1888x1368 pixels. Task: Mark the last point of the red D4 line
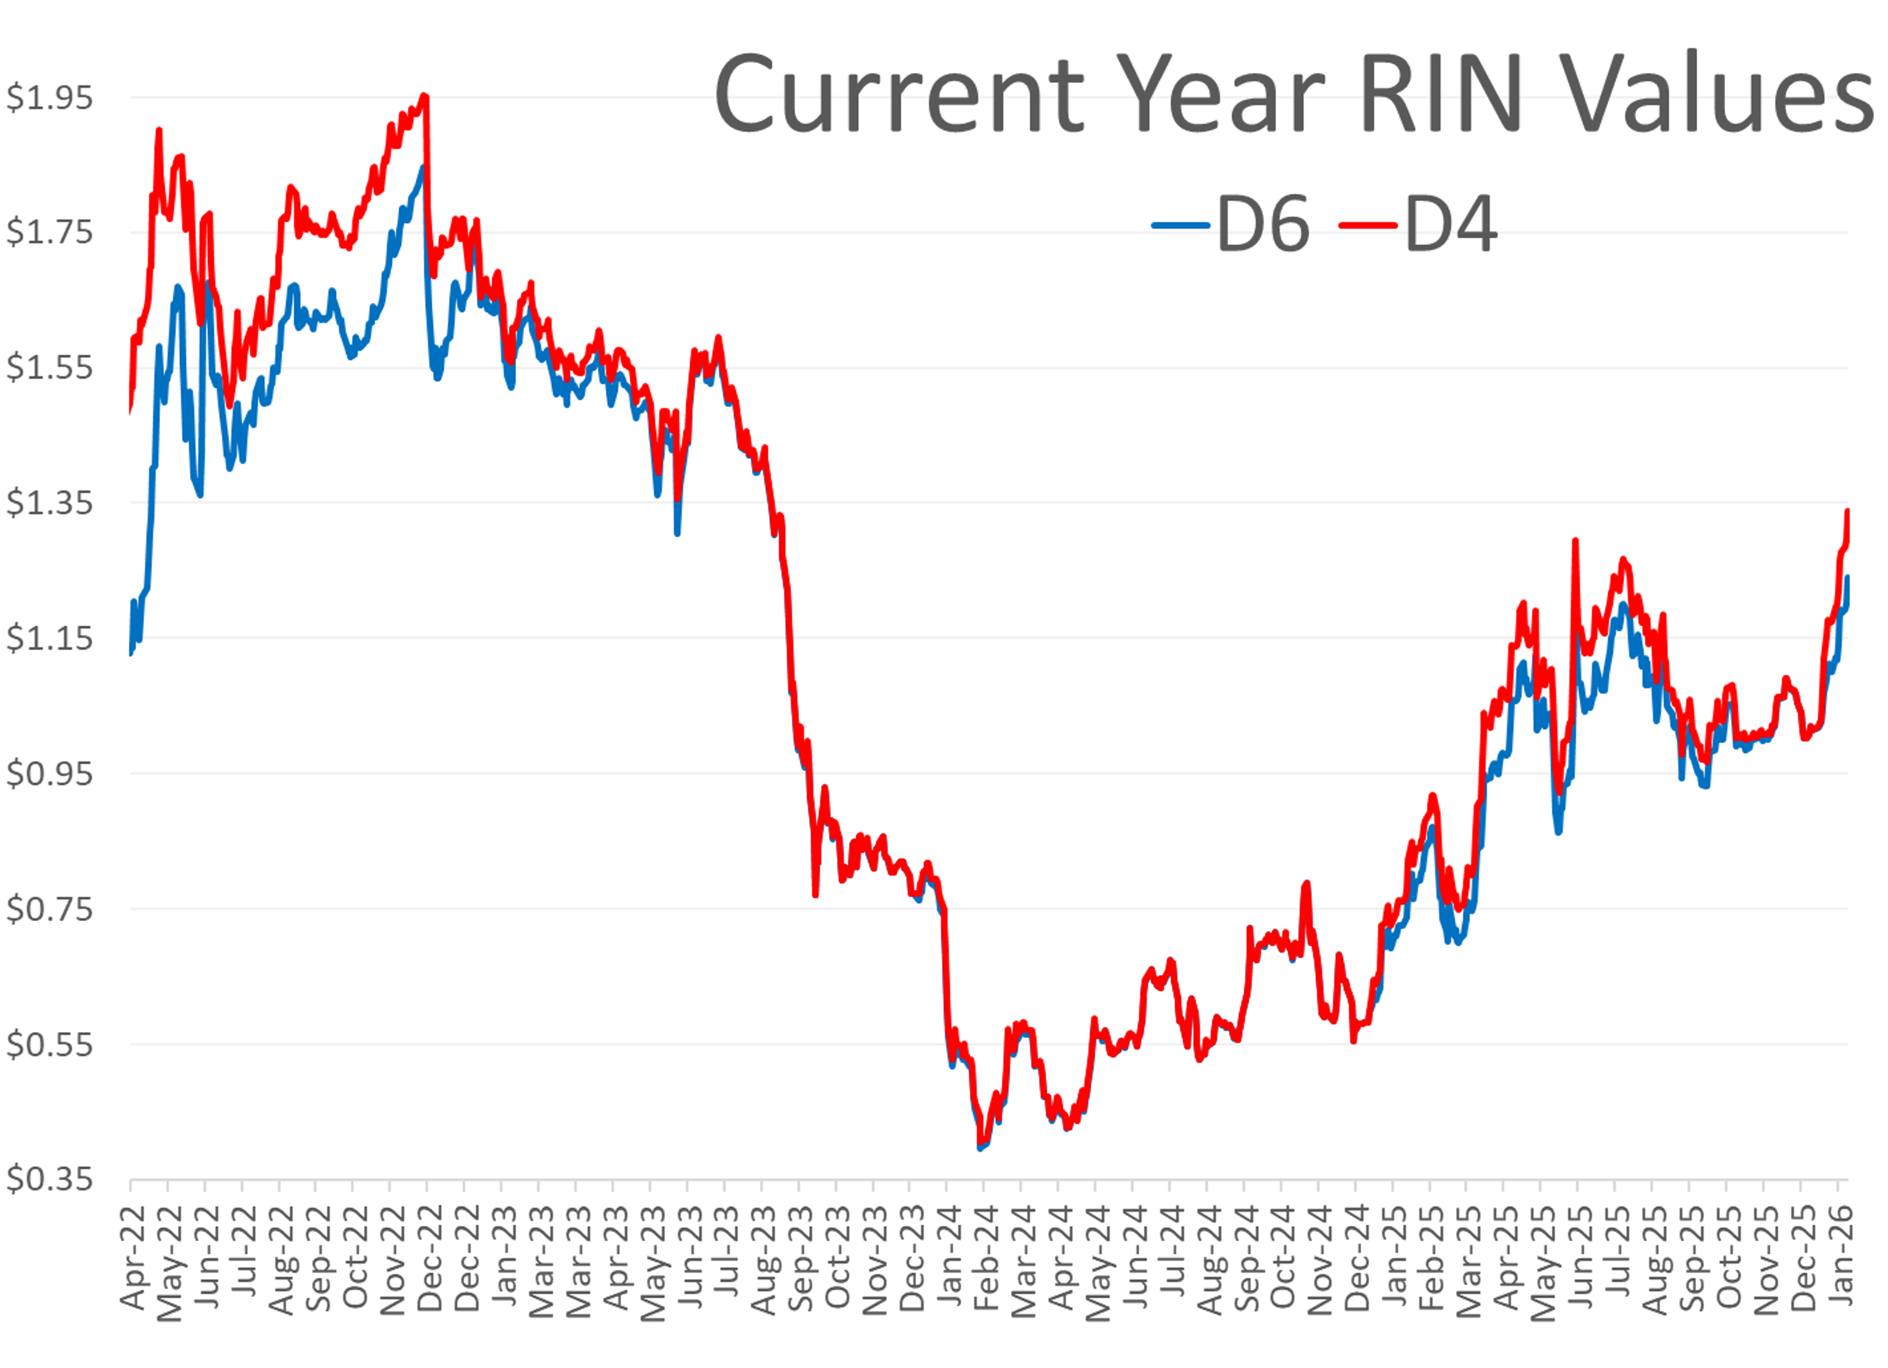pos(1847,511)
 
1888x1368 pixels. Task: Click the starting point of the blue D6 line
pos(131,654)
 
